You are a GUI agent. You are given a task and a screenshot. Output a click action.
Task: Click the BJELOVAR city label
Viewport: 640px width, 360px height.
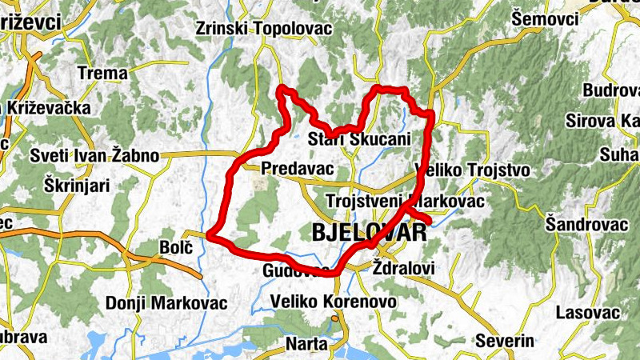367,234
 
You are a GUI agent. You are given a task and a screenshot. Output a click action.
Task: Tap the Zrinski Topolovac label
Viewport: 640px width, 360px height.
253,29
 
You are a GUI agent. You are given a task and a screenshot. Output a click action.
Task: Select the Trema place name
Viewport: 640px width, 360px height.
102,73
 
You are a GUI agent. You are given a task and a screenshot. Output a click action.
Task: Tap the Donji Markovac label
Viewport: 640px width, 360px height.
166,304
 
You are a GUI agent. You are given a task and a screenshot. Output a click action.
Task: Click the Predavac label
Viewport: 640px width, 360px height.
297,169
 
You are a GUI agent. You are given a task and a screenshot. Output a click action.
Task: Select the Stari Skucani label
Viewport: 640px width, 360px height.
359,139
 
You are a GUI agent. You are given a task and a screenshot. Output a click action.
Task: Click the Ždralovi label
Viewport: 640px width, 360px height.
404,269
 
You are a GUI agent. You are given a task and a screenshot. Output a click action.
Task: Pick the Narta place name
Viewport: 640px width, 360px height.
306,344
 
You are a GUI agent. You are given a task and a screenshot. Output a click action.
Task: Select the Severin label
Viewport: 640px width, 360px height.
504,341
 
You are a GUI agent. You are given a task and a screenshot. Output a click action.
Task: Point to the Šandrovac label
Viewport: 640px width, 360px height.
587,225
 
